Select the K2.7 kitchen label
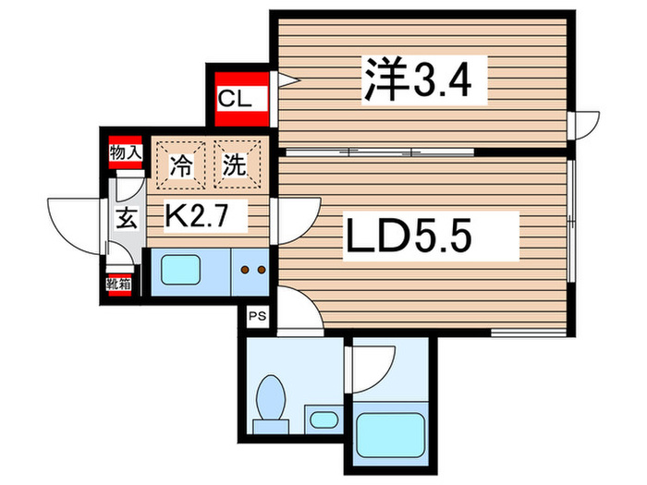(206, 218)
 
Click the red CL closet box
(237, 97)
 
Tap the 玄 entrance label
(125, 219)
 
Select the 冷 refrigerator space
(182, 166)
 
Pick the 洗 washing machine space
(234, 166)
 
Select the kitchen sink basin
(188, 270)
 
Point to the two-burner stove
(252, 270)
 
